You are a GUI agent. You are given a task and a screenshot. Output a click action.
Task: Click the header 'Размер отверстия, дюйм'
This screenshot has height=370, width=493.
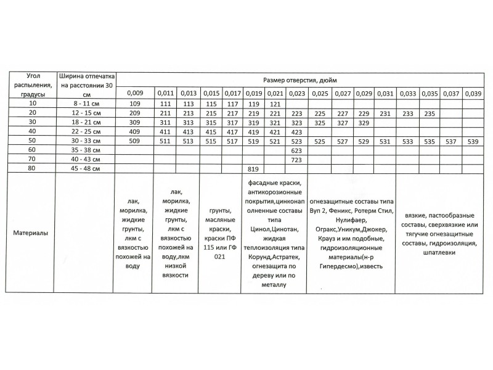click(299, 80)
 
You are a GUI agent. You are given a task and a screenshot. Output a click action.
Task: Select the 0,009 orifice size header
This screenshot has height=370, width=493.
click(135, 93)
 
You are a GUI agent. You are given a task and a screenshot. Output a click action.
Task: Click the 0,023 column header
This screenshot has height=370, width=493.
click(296, 93)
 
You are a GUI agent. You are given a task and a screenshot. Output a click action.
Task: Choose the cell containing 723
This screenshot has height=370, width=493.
click(296, 158)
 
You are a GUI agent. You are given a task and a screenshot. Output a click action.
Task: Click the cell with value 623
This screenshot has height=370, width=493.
click(296, 150)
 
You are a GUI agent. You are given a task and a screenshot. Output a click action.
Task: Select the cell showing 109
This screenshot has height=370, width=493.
click(135, 104)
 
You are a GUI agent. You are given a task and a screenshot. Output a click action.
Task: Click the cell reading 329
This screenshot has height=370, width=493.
click(364, 123)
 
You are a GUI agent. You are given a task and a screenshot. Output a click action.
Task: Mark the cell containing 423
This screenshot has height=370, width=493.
click(296, 131)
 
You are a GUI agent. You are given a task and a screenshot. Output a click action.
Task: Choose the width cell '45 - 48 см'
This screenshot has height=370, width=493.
click(85, 168)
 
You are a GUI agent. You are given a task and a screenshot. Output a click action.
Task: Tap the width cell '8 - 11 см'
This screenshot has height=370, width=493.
click(85, 104)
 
